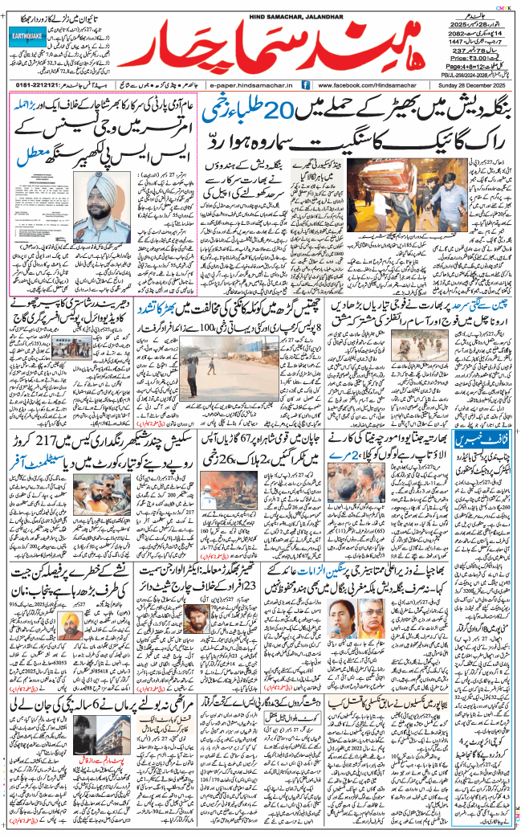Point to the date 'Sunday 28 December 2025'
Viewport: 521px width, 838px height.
coord(474,84)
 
